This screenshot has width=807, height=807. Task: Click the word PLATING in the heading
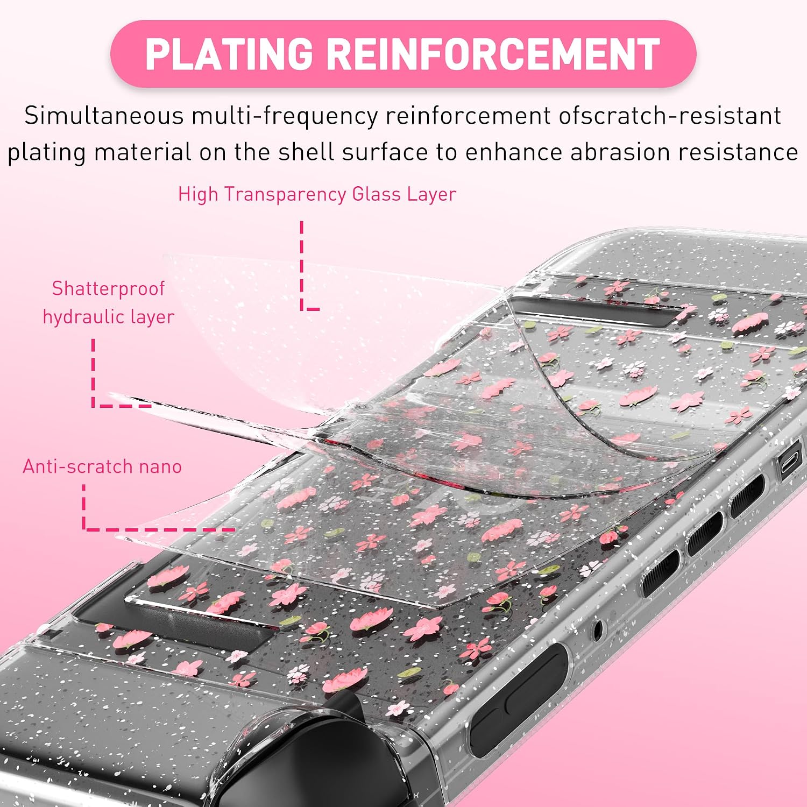pos(229,54)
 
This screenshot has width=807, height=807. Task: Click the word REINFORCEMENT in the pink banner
pos(493,54)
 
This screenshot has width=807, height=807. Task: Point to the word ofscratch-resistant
pos(670,116)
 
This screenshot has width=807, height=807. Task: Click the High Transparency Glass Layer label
pos(317,194)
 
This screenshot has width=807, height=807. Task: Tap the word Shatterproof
pos(108,289)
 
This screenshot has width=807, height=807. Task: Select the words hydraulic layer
pos(109,317)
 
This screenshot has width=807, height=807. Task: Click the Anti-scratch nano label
pos(102,466)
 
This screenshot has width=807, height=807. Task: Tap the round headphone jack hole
pos(597,627)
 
